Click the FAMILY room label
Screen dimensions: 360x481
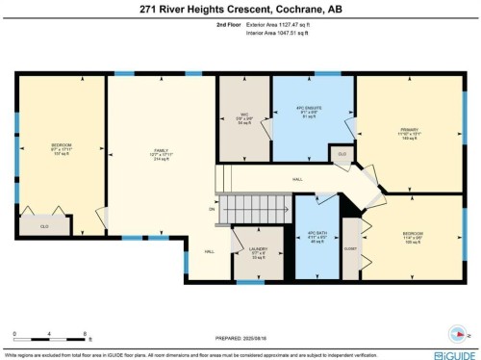click(x=161, y=154)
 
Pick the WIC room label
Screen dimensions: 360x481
click(x=244, y=117)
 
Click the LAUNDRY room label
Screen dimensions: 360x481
click(x=257, y=253)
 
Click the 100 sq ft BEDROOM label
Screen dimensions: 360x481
click(x=413, y=239)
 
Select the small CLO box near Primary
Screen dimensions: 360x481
click(x=341, y=153)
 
